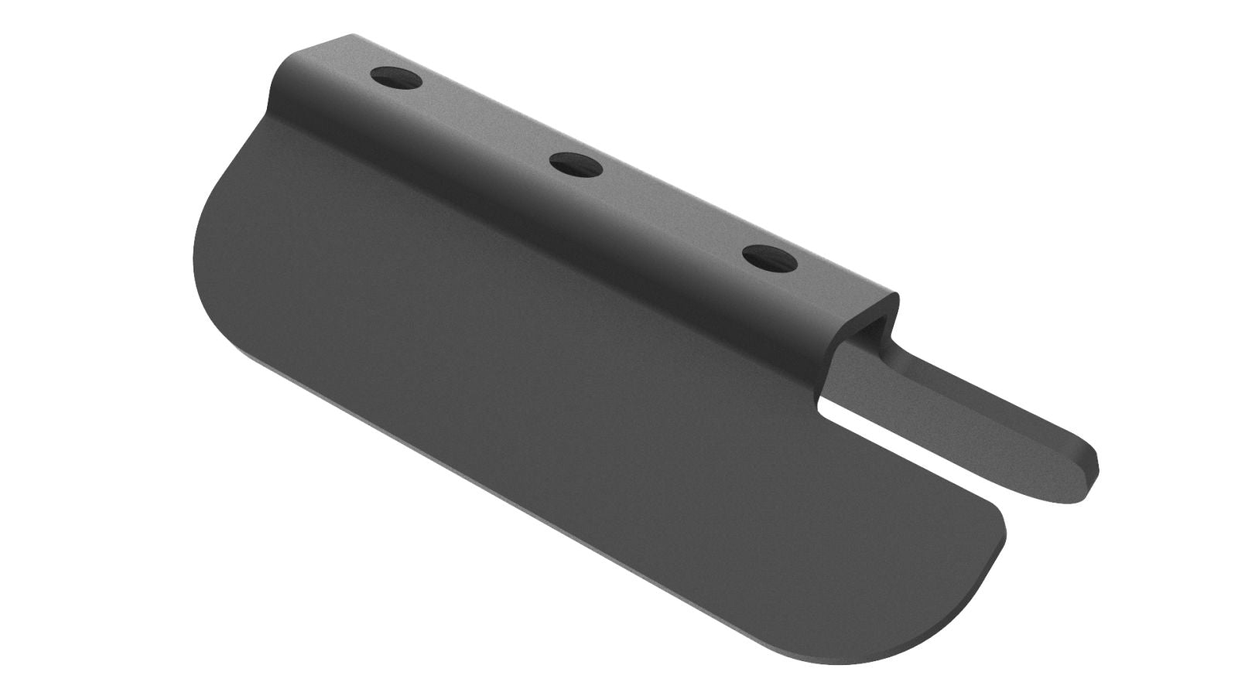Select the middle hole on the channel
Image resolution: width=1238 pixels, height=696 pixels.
point(576,163)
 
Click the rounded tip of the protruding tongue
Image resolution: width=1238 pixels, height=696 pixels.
point(1086,473)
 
